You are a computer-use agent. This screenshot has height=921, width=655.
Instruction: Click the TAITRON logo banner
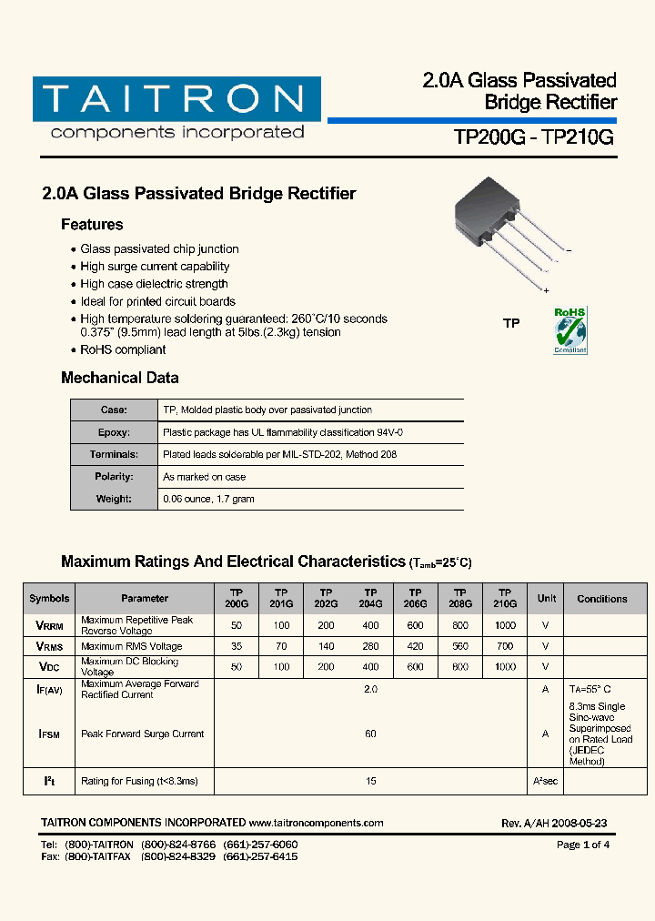(x=176, y=99)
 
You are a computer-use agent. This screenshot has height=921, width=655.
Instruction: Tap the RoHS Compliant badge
(x=570, y=330)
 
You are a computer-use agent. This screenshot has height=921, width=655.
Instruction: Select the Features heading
(x=92, y=225)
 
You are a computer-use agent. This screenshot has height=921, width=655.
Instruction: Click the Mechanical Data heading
(x=119, y=378)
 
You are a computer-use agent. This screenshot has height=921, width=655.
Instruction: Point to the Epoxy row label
(x=114, y=432)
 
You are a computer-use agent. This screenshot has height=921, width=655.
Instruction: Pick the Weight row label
(x=114, y=499)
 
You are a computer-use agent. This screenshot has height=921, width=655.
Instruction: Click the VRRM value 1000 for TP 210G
(x=505, y=625)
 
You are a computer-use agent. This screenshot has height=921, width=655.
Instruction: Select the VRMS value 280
(x=370, y=646)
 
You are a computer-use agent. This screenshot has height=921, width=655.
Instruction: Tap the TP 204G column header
(x=370, y=598)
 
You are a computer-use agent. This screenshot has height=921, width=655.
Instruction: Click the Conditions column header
(x=601, y=599)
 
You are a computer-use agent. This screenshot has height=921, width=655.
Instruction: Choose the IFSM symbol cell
(x=48, y=734)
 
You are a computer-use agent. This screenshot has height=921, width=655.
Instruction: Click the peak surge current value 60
(x=370, y=734)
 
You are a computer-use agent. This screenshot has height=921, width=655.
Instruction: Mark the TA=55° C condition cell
(x=590, y=690)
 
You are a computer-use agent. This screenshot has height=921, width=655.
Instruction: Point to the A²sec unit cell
(x=546, y=781)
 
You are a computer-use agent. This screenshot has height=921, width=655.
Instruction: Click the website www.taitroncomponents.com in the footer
(x=316, y=823)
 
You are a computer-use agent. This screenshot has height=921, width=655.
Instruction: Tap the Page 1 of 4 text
(x=582, y=845)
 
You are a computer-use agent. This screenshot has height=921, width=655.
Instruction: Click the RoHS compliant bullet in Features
(x=123, y=349)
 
